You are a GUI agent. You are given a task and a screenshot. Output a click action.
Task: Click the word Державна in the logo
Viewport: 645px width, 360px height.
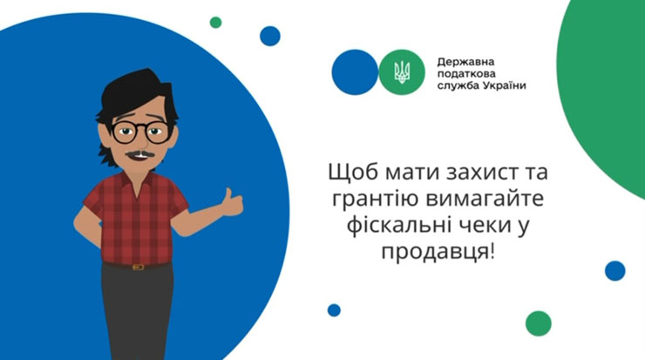[465, 63]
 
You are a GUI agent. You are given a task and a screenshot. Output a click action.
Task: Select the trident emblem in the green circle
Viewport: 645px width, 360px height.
[402, 72]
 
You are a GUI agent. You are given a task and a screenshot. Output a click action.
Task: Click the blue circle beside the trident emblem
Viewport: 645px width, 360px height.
[355, 72]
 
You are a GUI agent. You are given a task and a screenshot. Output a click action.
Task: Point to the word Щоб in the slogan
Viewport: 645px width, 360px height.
[352, 173]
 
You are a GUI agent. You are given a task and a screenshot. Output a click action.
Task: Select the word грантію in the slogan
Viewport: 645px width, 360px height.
[376, 200]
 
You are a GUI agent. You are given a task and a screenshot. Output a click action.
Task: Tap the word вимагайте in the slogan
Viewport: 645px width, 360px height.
[485, 199]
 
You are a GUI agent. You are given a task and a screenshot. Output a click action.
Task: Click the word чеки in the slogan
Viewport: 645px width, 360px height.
[476, 227]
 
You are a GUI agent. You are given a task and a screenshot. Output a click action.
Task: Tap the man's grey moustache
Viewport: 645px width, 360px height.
[140, 154]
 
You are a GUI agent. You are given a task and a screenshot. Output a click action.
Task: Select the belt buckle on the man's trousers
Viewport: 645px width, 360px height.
[138, 267]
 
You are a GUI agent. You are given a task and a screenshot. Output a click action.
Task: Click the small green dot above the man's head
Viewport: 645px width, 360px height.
[215, 22]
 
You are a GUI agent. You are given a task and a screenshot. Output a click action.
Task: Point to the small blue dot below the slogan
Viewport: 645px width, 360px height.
[334, 310]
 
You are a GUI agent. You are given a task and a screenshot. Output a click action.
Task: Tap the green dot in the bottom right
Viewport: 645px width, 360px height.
[539, 323]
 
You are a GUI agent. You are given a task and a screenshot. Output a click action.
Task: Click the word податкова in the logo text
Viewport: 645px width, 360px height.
[466, 74]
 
